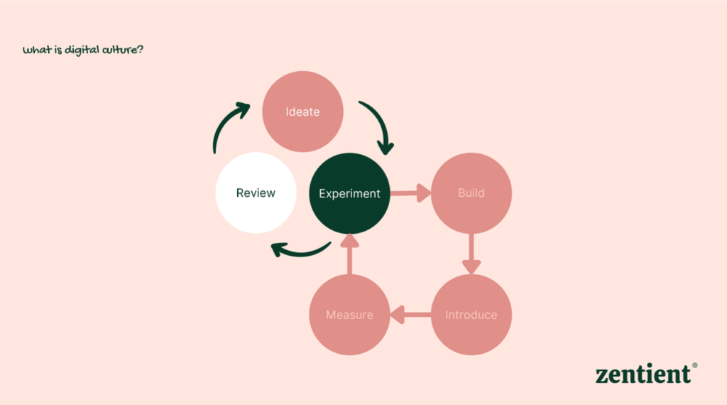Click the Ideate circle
tap(302, 112)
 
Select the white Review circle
tap(256, 193)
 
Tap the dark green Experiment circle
tap(349, 193)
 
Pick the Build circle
tap(471, 193)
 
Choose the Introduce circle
tap(471, 315)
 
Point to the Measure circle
tap(349, 315)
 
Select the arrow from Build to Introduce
tap(471, 254)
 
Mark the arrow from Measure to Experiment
tap(349, 254)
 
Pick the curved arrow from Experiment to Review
tap(301, 251)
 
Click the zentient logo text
tap(643, 374)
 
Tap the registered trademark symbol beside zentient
tap(694, 365)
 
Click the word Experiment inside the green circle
tap(349, 193)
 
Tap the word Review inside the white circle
tap(256, 193)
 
